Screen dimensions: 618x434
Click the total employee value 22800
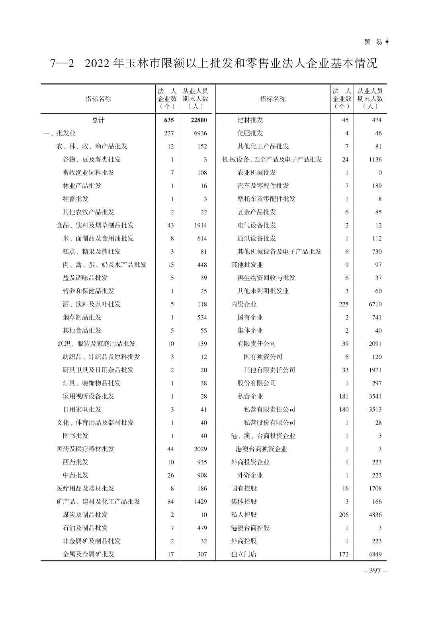tap(199, 120)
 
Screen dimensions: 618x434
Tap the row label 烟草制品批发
tap(82, 317)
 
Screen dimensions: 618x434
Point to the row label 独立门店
tap(244, 554)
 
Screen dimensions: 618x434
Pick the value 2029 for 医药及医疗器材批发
tap(201, 449)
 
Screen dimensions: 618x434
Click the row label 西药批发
tap(76, 462)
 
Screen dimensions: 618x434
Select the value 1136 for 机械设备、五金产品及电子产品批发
tap(375, 159)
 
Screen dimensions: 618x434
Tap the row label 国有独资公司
tap(263, 357)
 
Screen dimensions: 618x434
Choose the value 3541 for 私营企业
tap(375, 396)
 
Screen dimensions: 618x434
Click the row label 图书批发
tap(76, 436)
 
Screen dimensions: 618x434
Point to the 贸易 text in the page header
tap(373, 42)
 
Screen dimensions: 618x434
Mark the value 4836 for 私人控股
tap(375, 515)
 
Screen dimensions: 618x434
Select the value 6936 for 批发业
tap(201, 133)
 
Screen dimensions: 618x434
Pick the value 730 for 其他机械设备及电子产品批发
tap(377, 252)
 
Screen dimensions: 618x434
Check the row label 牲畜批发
tap(76, 199)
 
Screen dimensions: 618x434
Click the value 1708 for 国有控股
tap(375, 488)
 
